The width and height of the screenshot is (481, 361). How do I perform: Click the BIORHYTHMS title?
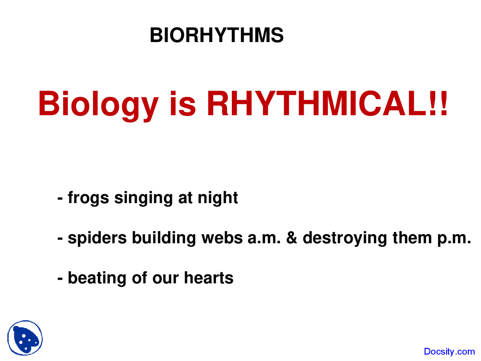coord(216,35)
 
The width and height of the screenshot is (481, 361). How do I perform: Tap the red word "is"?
coord(183,104)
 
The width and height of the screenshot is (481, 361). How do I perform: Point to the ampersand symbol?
coord(292,238)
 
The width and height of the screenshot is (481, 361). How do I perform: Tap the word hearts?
coord(209,278)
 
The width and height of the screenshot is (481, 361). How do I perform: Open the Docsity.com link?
coord(449,352)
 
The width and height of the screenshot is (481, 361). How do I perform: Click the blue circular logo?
coord(25,338)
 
